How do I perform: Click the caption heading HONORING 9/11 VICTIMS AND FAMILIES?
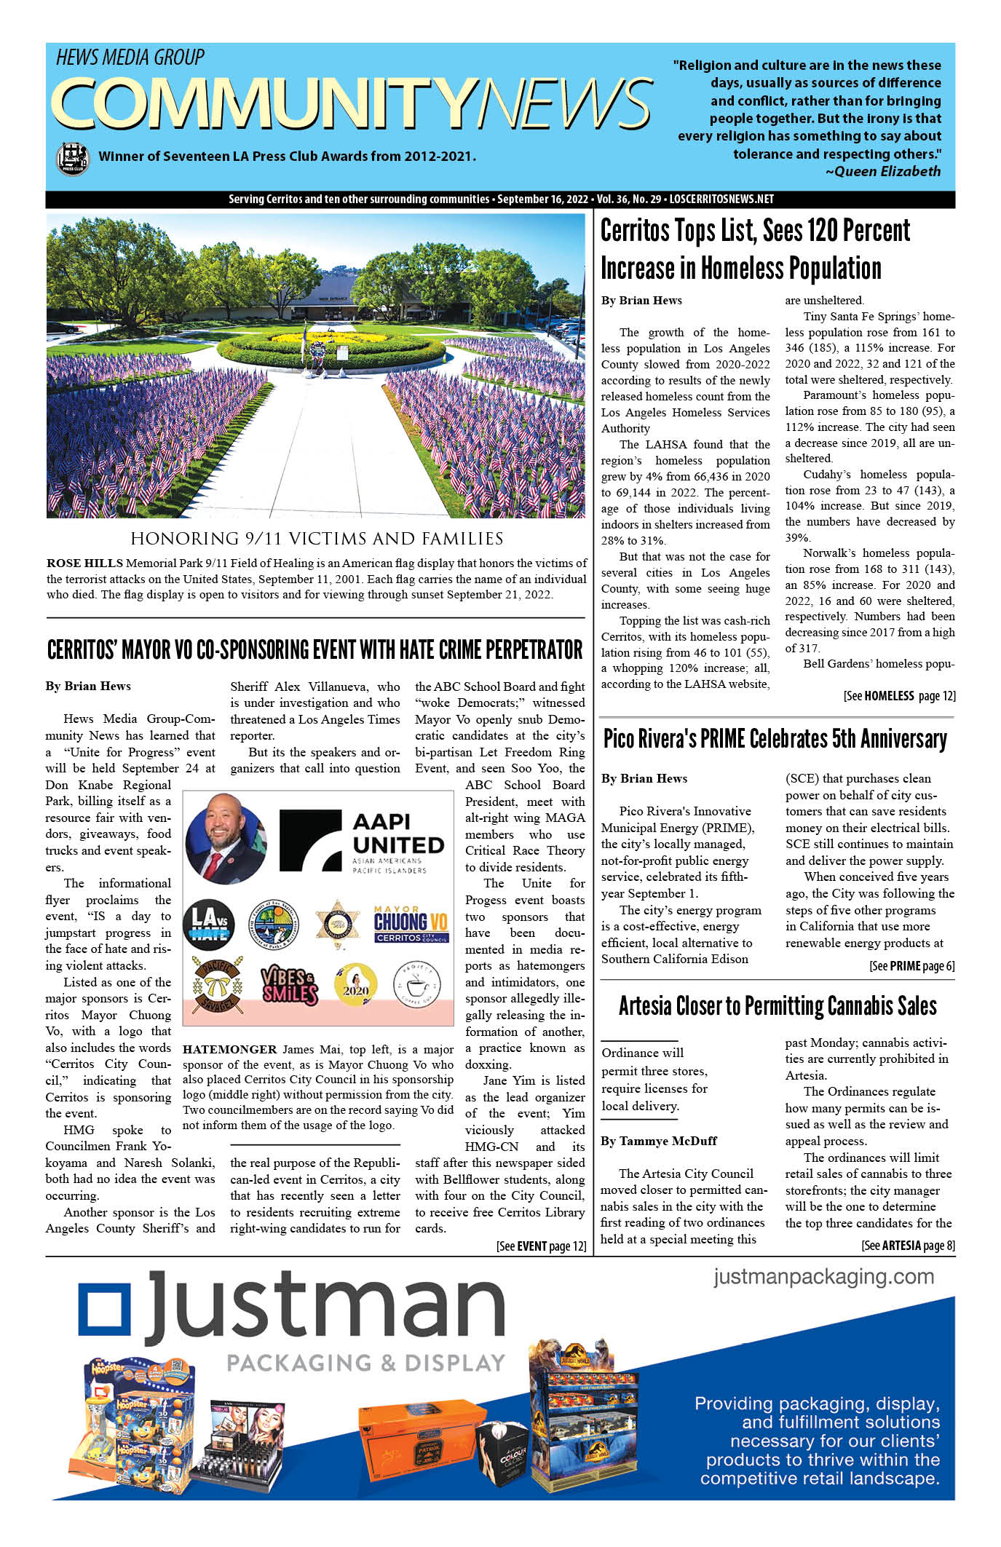pos(317,539)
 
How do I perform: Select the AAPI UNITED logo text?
pos(397,834)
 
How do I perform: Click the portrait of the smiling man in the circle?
pos(226,841)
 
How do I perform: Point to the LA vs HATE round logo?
pos(207,925)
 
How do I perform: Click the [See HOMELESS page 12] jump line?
pos(899,696)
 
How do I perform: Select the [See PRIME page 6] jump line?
pos(911,966)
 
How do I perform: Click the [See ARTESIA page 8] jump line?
pos(908,1246)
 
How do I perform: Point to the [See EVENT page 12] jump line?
pos(541,1246)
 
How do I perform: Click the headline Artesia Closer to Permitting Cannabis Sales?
pos(778,1006)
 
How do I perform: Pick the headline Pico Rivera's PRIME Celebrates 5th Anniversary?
pos(775,739)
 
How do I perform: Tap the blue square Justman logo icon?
pos(104,1311)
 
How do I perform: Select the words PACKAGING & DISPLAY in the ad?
pos(365,1363)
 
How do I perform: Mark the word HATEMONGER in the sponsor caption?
pos(229,1049)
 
